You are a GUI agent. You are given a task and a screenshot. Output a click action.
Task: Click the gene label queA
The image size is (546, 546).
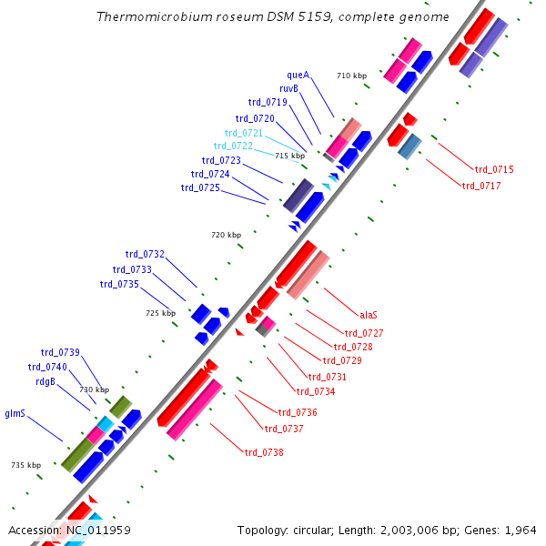click(x=298, y=75)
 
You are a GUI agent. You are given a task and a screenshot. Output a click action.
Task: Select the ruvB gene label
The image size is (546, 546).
click(x=288, y=88)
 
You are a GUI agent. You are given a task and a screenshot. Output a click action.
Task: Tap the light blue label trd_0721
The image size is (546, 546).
click(x=244, y=133)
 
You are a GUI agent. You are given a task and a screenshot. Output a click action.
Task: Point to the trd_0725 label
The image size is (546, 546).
click(x=200, y=187)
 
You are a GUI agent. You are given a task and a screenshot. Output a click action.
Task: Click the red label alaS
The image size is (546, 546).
click(x=369, y=315)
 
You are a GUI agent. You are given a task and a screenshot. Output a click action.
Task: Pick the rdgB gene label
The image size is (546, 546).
click(x=45, y=382)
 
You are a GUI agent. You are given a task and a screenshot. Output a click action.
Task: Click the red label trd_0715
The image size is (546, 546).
click(x=494, y=169)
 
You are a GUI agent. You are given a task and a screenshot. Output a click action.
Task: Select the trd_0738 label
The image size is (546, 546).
click(x=264, y=452)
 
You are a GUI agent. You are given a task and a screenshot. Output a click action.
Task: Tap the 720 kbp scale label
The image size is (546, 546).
click(x=227, y=235)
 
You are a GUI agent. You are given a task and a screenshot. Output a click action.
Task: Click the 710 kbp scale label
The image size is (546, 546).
click(x=351, y=76)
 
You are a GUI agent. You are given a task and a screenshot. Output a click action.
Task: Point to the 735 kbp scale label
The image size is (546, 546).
click(x=26, y=465)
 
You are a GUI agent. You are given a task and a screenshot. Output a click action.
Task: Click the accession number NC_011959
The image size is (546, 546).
click(x=98, y=530)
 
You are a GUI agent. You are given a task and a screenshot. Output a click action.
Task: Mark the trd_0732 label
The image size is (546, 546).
click(x=145, y=254)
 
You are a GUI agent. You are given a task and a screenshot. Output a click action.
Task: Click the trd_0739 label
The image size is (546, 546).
click(x=60, y=352)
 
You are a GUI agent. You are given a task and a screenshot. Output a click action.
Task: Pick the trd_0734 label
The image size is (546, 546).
click(x=316, y=391)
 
